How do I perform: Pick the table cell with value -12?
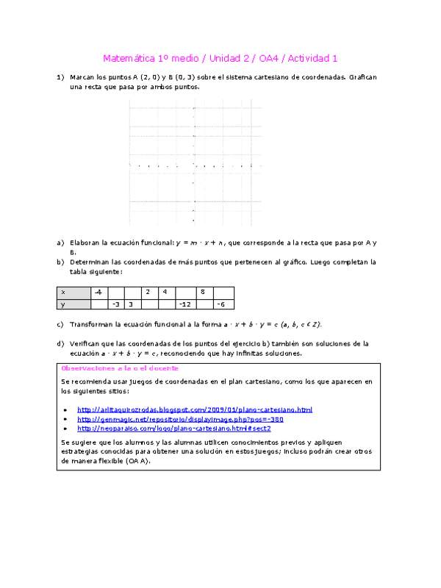(185, 304)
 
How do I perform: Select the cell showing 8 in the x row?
(204, 293)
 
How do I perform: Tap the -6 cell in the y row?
(223, 304)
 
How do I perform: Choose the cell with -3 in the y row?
(115, 304)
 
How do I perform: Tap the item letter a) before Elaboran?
(60, 242)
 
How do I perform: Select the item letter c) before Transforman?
(60, 324)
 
